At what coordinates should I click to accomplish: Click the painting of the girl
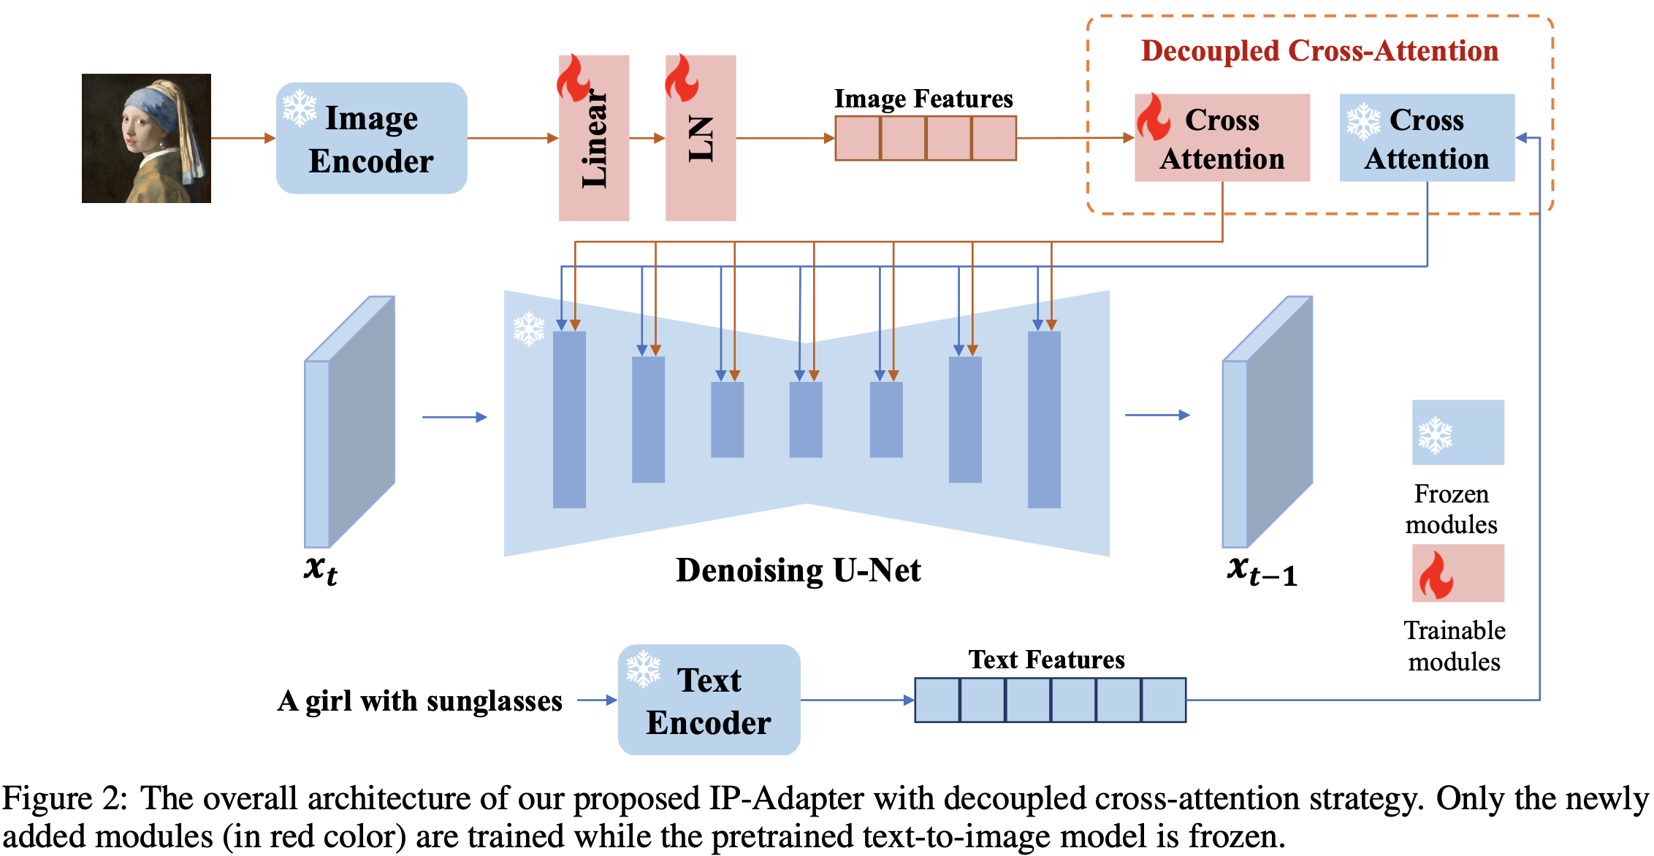(x=146, y=138)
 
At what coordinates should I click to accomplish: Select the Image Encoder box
(x=371, y=138)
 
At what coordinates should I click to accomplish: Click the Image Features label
(x=923, y=99)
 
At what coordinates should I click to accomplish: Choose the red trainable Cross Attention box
(x=1222, y=138)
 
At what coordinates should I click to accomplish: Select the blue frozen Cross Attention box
(x=1427, y=138)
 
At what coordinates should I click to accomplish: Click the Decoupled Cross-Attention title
(x=1319, y=51)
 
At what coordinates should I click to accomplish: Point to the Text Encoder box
(x=709, y=700)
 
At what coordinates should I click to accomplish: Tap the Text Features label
(x=1046, y=660)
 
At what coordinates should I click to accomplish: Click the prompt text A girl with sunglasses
(x=420, y=701)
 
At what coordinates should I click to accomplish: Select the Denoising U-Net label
(x=798, y=570)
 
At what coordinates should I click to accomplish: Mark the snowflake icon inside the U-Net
(x=529, y=329)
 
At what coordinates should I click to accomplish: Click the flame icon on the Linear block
(x=573, y=77)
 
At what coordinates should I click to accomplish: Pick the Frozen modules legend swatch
(x=1457, y=432)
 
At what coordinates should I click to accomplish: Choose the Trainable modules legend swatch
(x=1457, y=573)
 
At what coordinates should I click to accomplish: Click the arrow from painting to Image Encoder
(x=243, y=138)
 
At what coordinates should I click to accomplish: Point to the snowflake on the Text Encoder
(x=643, y=669)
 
